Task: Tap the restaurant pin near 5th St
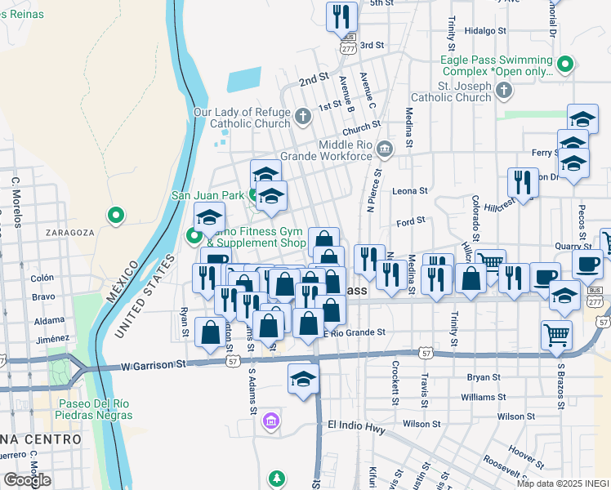pyautogui.click(x=341, y=17)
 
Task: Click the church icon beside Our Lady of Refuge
pyautogui.click(x=302, y=114)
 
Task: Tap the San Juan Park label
pyautogui.click(x=207, y=195)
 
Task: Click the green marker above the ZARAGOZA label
pyautogui.click(x=116, y=216)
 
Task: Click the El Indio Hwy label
pyautogui.click(x=355, y=425)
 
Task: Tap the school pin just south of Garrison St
pyautogui.click(x=303, y=379)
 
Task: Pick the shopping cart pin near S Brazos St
pyautogui.click(x=556, y=334)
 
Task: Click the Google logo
pyautogui.click(x=26, y=480)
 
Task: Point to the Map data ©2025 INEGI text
pyautogui.click(x=563, y=483)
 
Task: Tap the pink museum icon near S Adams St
pyautogui.click(x=270, y=422)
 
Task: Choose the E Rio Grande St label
pyautogui.click(x=354, y=332)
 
